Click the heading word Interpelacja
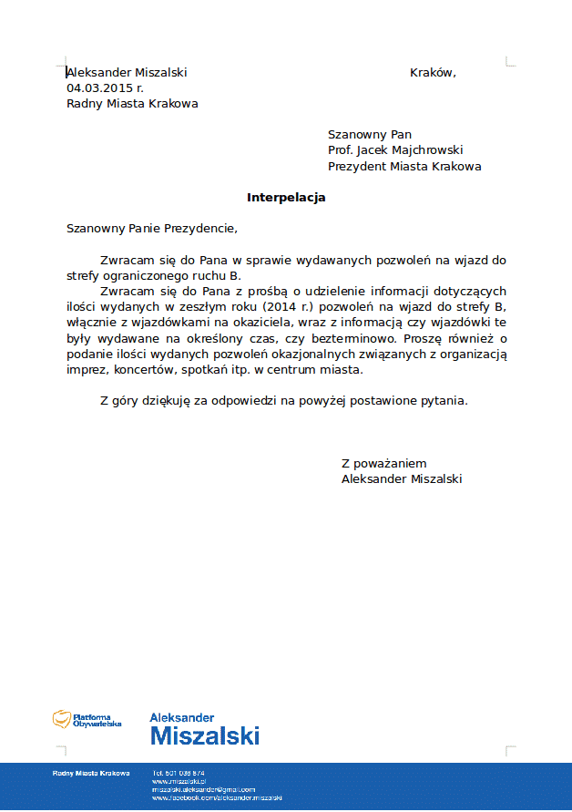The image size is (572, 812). [286, 197]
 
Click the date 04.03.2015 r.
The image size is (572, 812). [105, 88]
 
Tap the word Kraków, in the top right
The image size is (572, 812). [433, 73]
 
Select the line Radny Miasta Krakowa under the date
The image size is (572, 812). [132, 104]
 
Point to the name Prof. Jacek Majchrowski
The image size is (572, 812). [396, 150]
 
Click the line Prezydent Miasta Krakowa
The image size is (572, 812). [404, 167]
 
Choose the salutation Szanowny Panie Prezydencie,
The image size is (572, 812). [151, 229]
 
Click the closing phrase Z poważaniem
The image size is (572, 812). [383, 463]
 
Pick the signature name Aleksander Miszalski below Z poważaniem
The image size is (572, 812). [402, 478]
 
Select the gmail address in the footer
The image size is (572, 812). [202, 789]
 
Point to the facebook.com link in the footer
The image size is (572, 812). [217, 797]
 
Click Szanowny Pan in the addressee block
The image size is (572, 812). [370, 135]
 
